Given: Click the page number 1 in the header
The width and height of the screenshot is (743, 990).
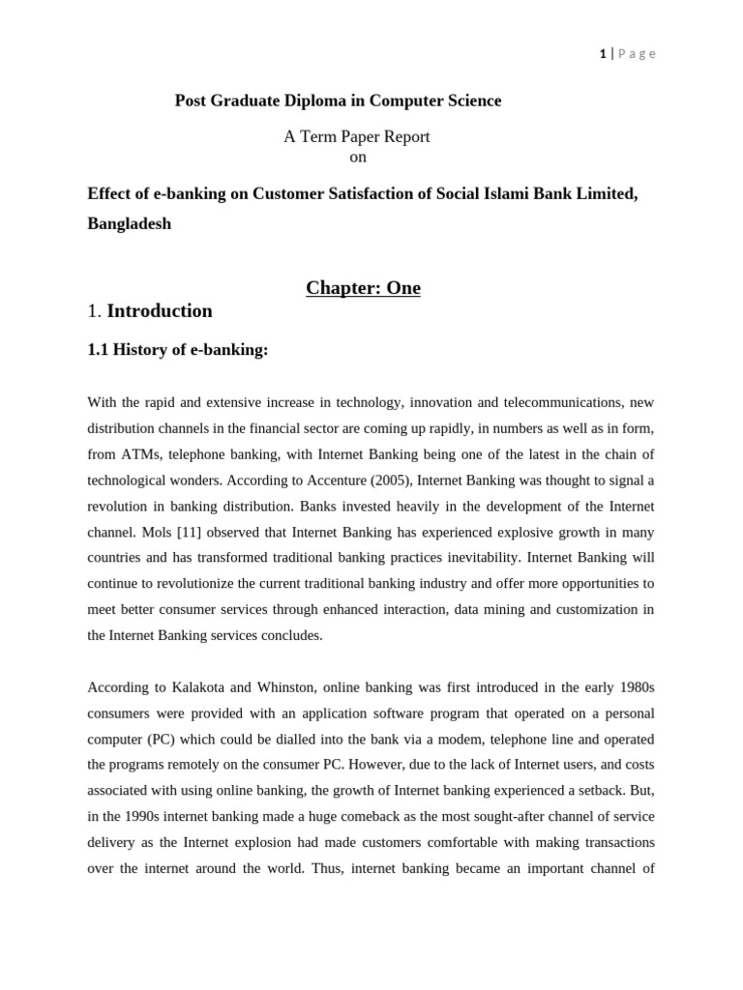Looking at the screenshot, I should (x=603, y=54).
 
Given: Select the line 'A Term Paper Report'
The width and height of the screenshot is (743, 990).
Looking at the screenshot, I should (x=356, y=137).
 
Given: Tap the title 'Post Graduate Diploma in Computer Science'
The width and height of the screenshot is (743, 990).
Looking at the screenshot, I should (x=338, y=101).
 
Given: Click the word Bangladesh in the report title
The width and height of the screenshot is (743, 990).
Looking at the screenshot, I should (x=129, y=223).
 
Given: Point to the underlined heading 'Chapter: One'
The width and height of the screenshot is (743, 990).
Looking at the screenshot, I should (x=363, y=288).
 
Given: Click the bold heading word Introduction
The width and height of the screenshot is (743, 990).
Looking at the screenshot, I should (x=160, y=311).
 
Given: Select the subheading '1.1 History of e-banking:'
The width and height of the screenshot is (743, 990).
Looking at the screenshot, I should (x=177, y=350).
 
